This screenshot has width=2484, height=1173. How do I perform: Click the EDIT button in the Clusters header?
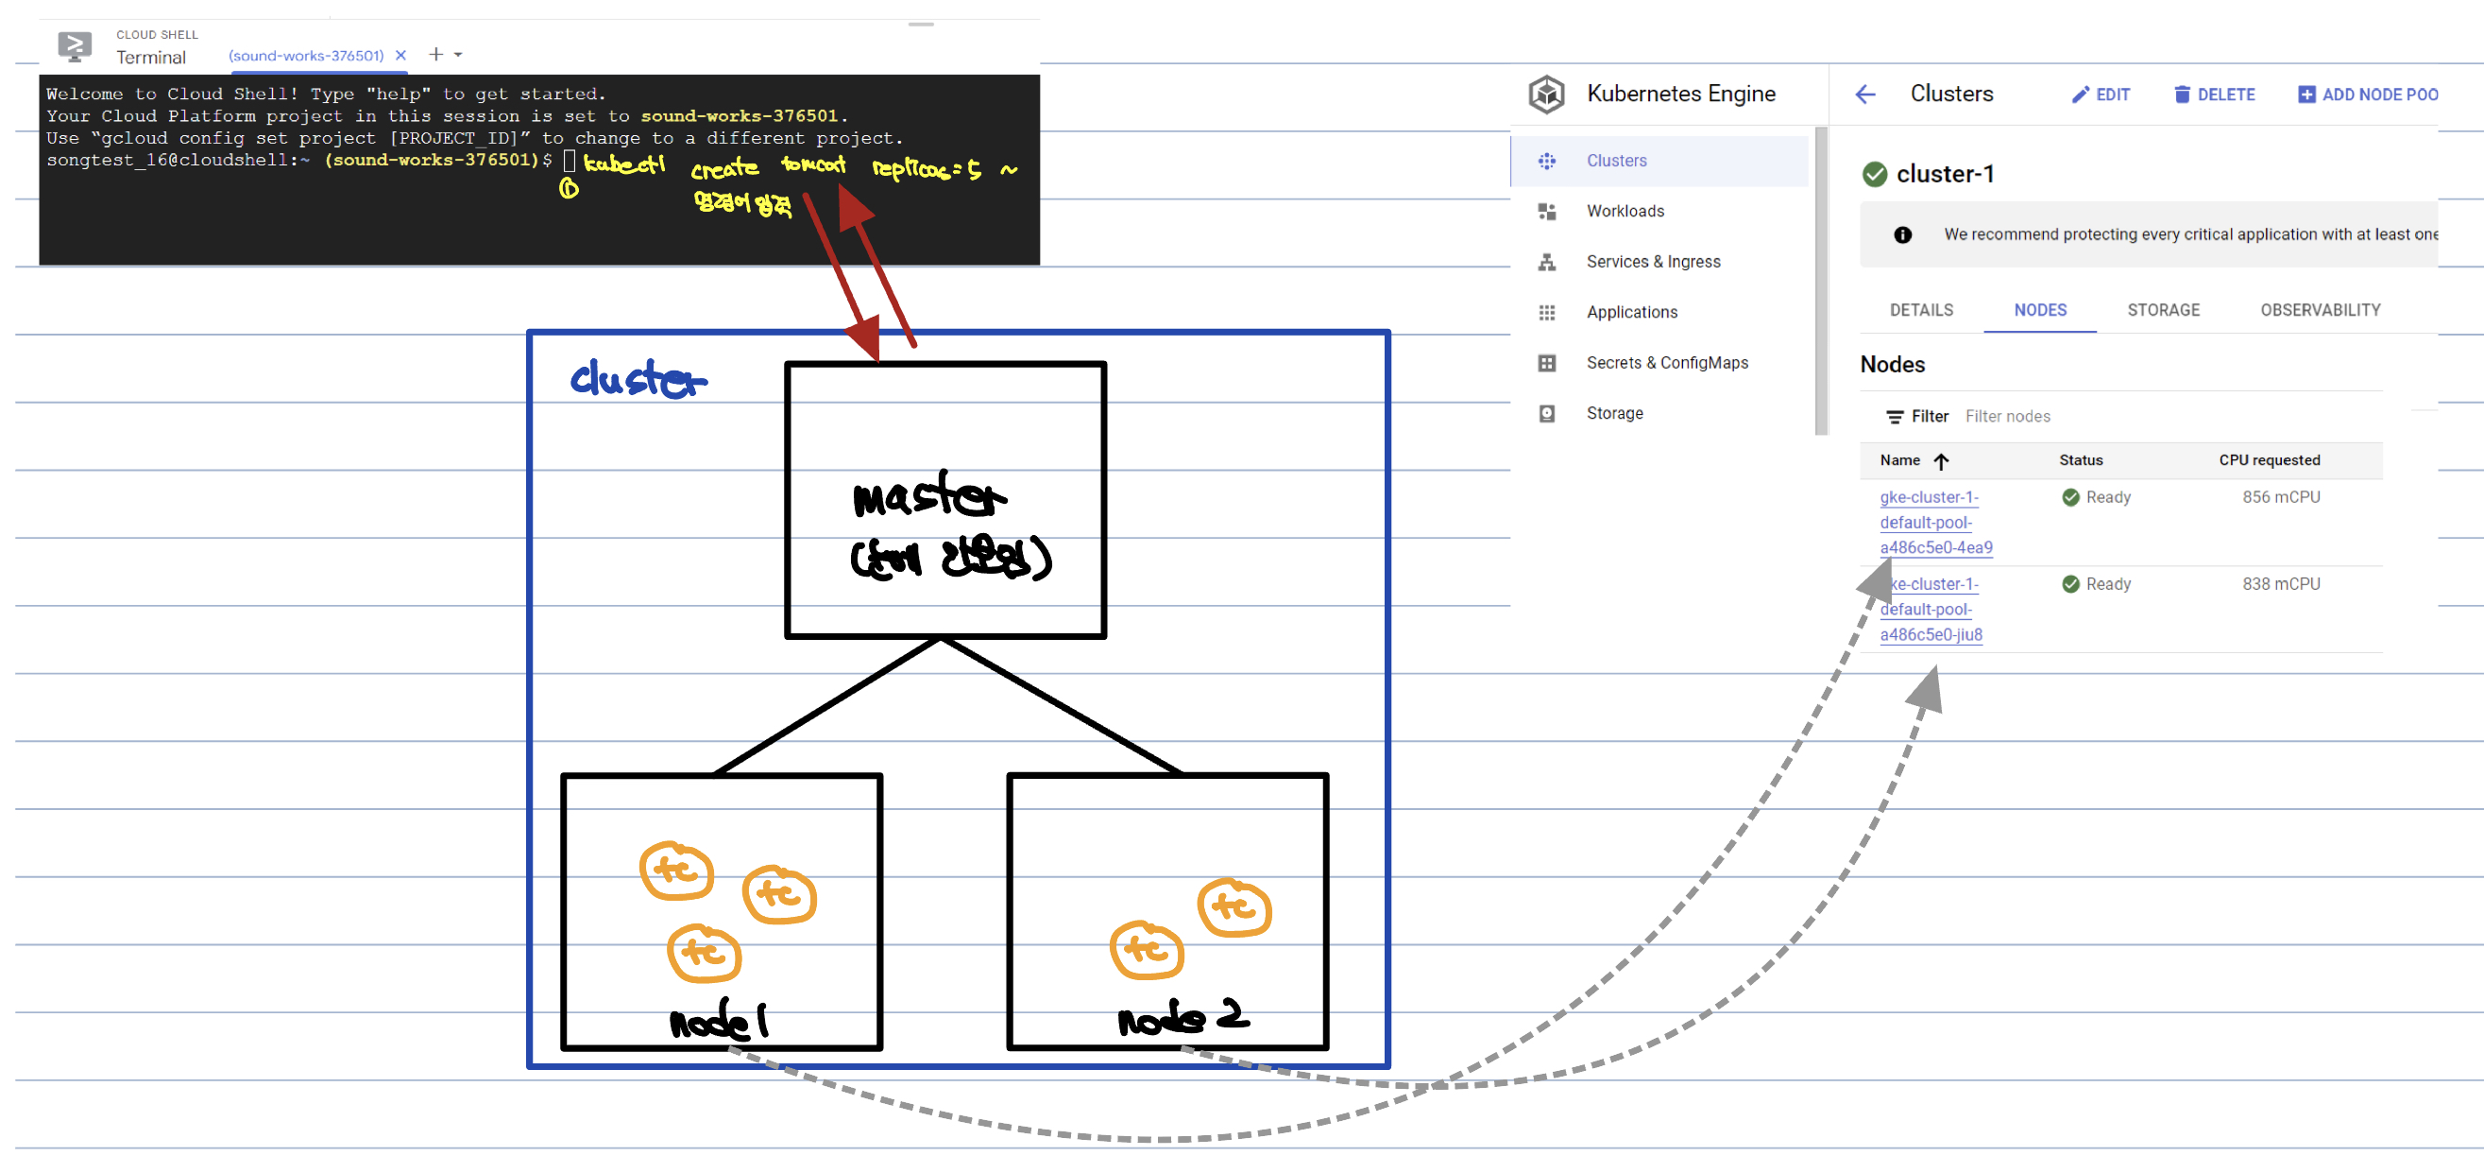(x=2101, y=95)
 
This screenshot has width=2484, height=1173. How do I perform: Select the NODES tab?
(x=2039, y=310)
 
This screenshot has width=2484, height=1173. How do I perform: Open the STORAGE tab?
(x=2163, y=310)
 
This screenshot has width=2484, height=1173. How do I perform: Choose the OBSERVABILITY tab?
(x=2319, y=310)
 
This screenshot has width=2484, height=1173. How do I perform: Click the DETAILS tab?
(x=1921, y=310)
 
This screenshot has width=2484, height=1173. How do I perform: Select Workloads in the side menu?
(x=1625, y=212)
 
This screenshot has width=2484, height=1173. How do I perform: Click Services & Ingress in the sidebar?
(x=1653, y=262)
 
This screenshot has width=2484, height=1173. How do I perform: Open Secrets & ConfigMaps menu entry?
(x=1666, y=363)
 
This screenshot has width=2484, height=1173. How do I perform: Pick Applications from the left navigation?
(x=1631, y=313)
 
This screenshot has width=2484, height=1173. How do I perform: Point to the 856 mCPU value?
(x=2281, y=498)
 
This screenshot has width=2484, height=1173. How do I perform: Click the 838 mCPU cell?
(x=2281, y=584)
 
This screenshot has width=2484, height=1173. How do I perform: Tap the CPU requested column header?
(x=2269, y=460)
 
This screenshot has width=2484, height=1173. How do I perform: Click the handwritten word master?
(x=928, y=496)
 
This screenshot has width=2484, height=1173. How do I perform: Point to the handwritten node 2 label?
(x=1182, y=1018)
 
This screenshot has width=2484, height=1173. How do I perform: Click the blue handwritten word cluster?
(x=638, y=379)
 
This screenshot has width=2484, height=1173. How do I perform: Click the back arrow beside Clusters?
(x=1865, y=95)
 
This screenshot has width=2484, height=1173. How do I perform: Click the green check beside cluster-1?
(x=1875, y=175)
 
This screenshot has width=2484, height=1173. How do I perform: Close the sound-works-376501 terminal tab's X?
(x=401, y=56)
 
